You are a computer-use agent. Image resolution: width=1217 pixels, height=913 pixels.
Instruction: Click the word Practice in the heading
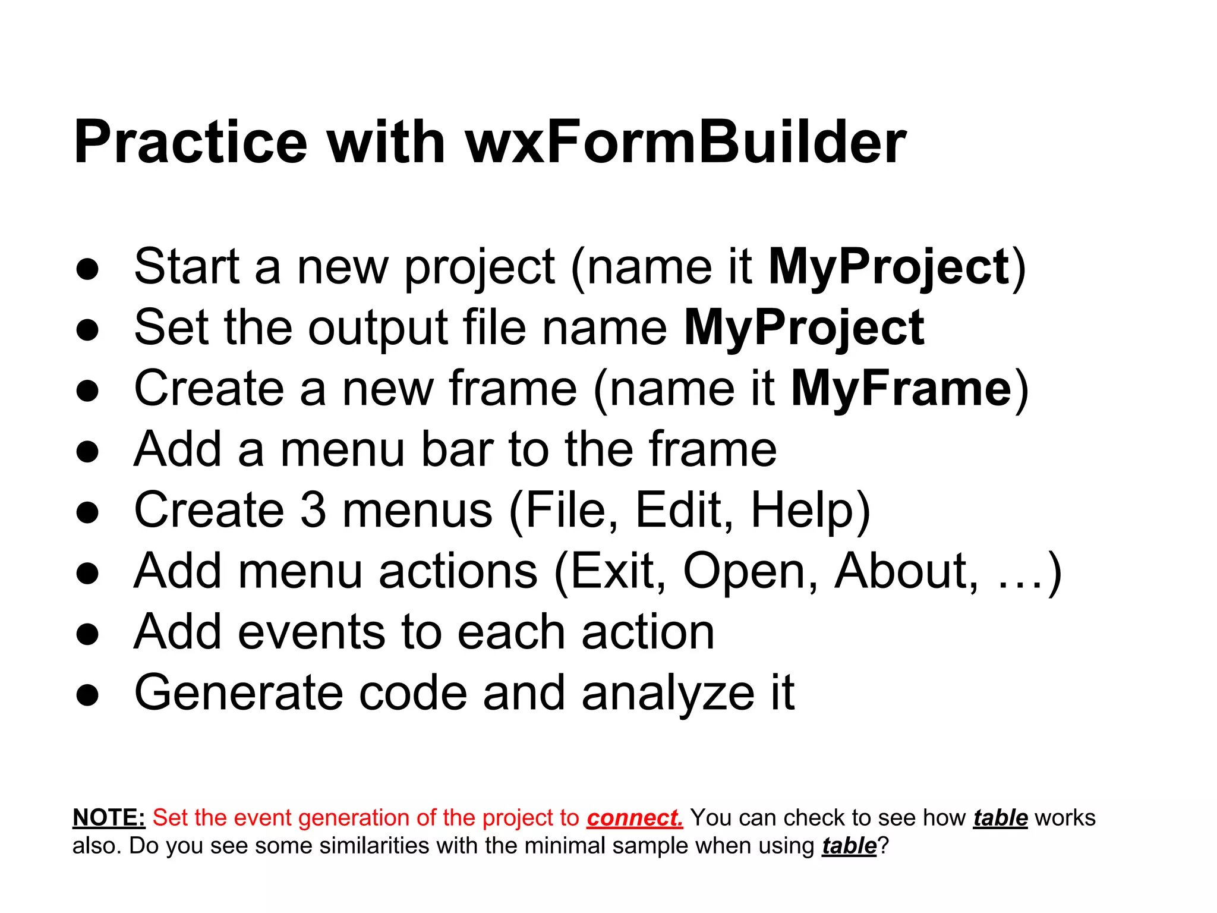tap(190, 143)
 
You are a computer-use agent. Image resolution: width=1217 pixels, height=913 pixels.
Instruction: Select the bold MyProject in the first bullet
tap(889, 267)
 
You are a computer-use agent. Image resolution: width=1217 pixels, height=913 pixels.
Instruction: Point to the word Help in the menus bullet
tap(802, 510)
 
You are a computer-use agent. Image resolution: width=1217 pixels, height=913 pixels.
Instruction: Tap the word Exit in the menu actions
tap(611, 571)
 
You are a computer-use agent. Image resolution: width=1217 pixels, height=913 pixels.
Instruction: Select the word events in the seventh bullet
tap(311, 632)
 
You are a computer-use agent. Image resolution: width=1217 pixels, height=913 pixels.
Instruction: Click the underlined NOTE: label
tap(109, 818)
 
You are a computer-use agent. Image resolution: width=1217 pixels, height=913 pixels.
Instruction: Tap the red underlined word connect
tap(634, 818)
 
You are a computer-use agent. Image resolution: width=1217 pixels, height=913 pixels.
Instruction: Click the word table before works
tap(1000, 818)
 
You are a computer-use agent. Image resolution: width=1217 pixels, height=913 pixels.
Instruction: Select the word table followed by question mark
tap(849, 846)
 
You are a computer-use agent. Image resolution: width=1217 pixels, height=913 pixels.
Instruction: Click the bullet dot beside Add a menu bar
tap(87, 451)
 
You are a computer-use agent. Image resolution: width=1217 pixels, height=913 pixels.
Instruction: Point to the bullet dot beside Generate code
tap(87, 695)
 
